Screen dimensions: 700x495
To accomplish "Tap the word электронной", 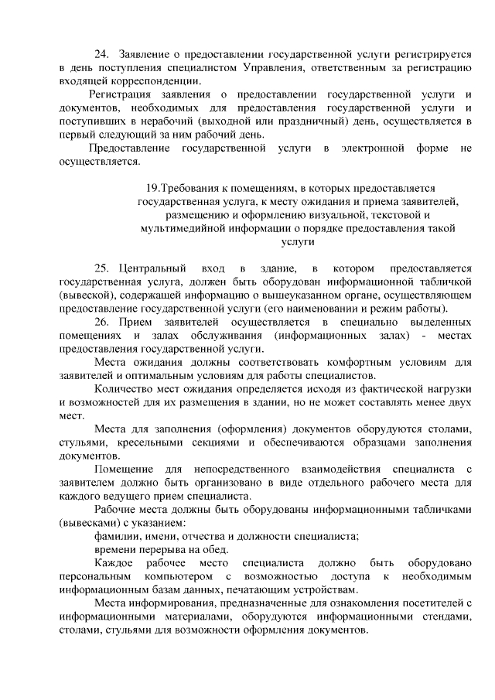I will [381, 148].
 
